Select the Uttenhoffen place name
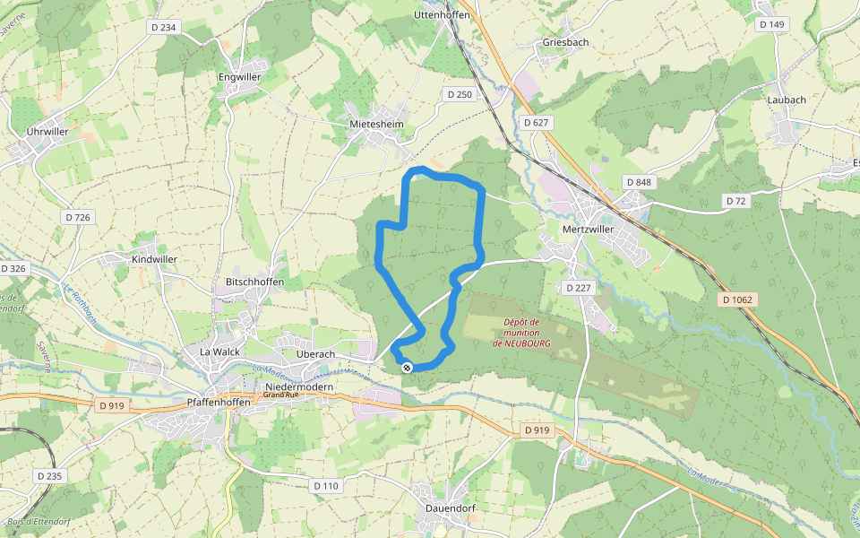point(443,16)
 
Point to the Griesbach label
point(566,42)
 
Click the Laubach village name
point(787,100)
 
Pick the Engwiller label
point(240,77)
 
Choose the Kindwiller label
point(154,259)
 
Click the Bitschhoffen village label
point(255,282)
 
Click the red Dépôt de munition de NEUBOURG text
point(521,333)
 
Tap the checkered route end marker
point(407,368)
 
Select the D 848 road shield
point(640,182)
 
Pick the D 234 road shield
point(164,28)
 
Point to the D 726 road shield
point(78,218)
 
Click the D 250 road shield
point(459,94)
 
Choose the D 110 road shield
point(327,485)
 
